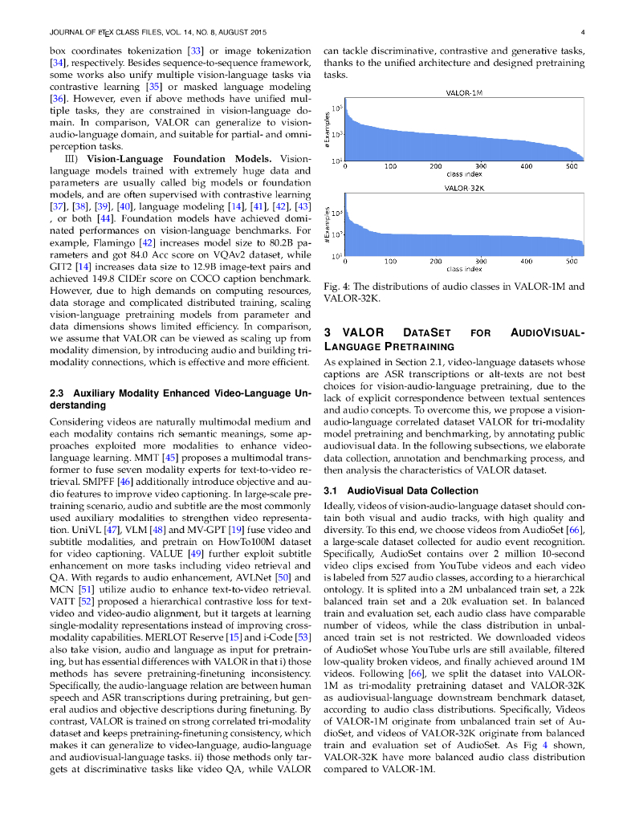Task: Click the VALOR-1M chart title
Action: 463,93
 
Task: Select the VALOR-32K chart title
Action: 463,188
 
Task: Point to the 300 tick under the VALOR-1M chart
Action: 481,167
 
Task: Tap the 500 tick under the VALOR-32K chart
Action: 572,262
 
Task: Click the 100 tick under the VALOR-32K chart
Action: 390,262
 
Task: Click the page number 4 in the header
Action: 580,32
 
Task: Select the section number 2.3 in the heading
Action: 57,394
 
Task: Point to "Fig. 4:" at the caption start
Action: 336,286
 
